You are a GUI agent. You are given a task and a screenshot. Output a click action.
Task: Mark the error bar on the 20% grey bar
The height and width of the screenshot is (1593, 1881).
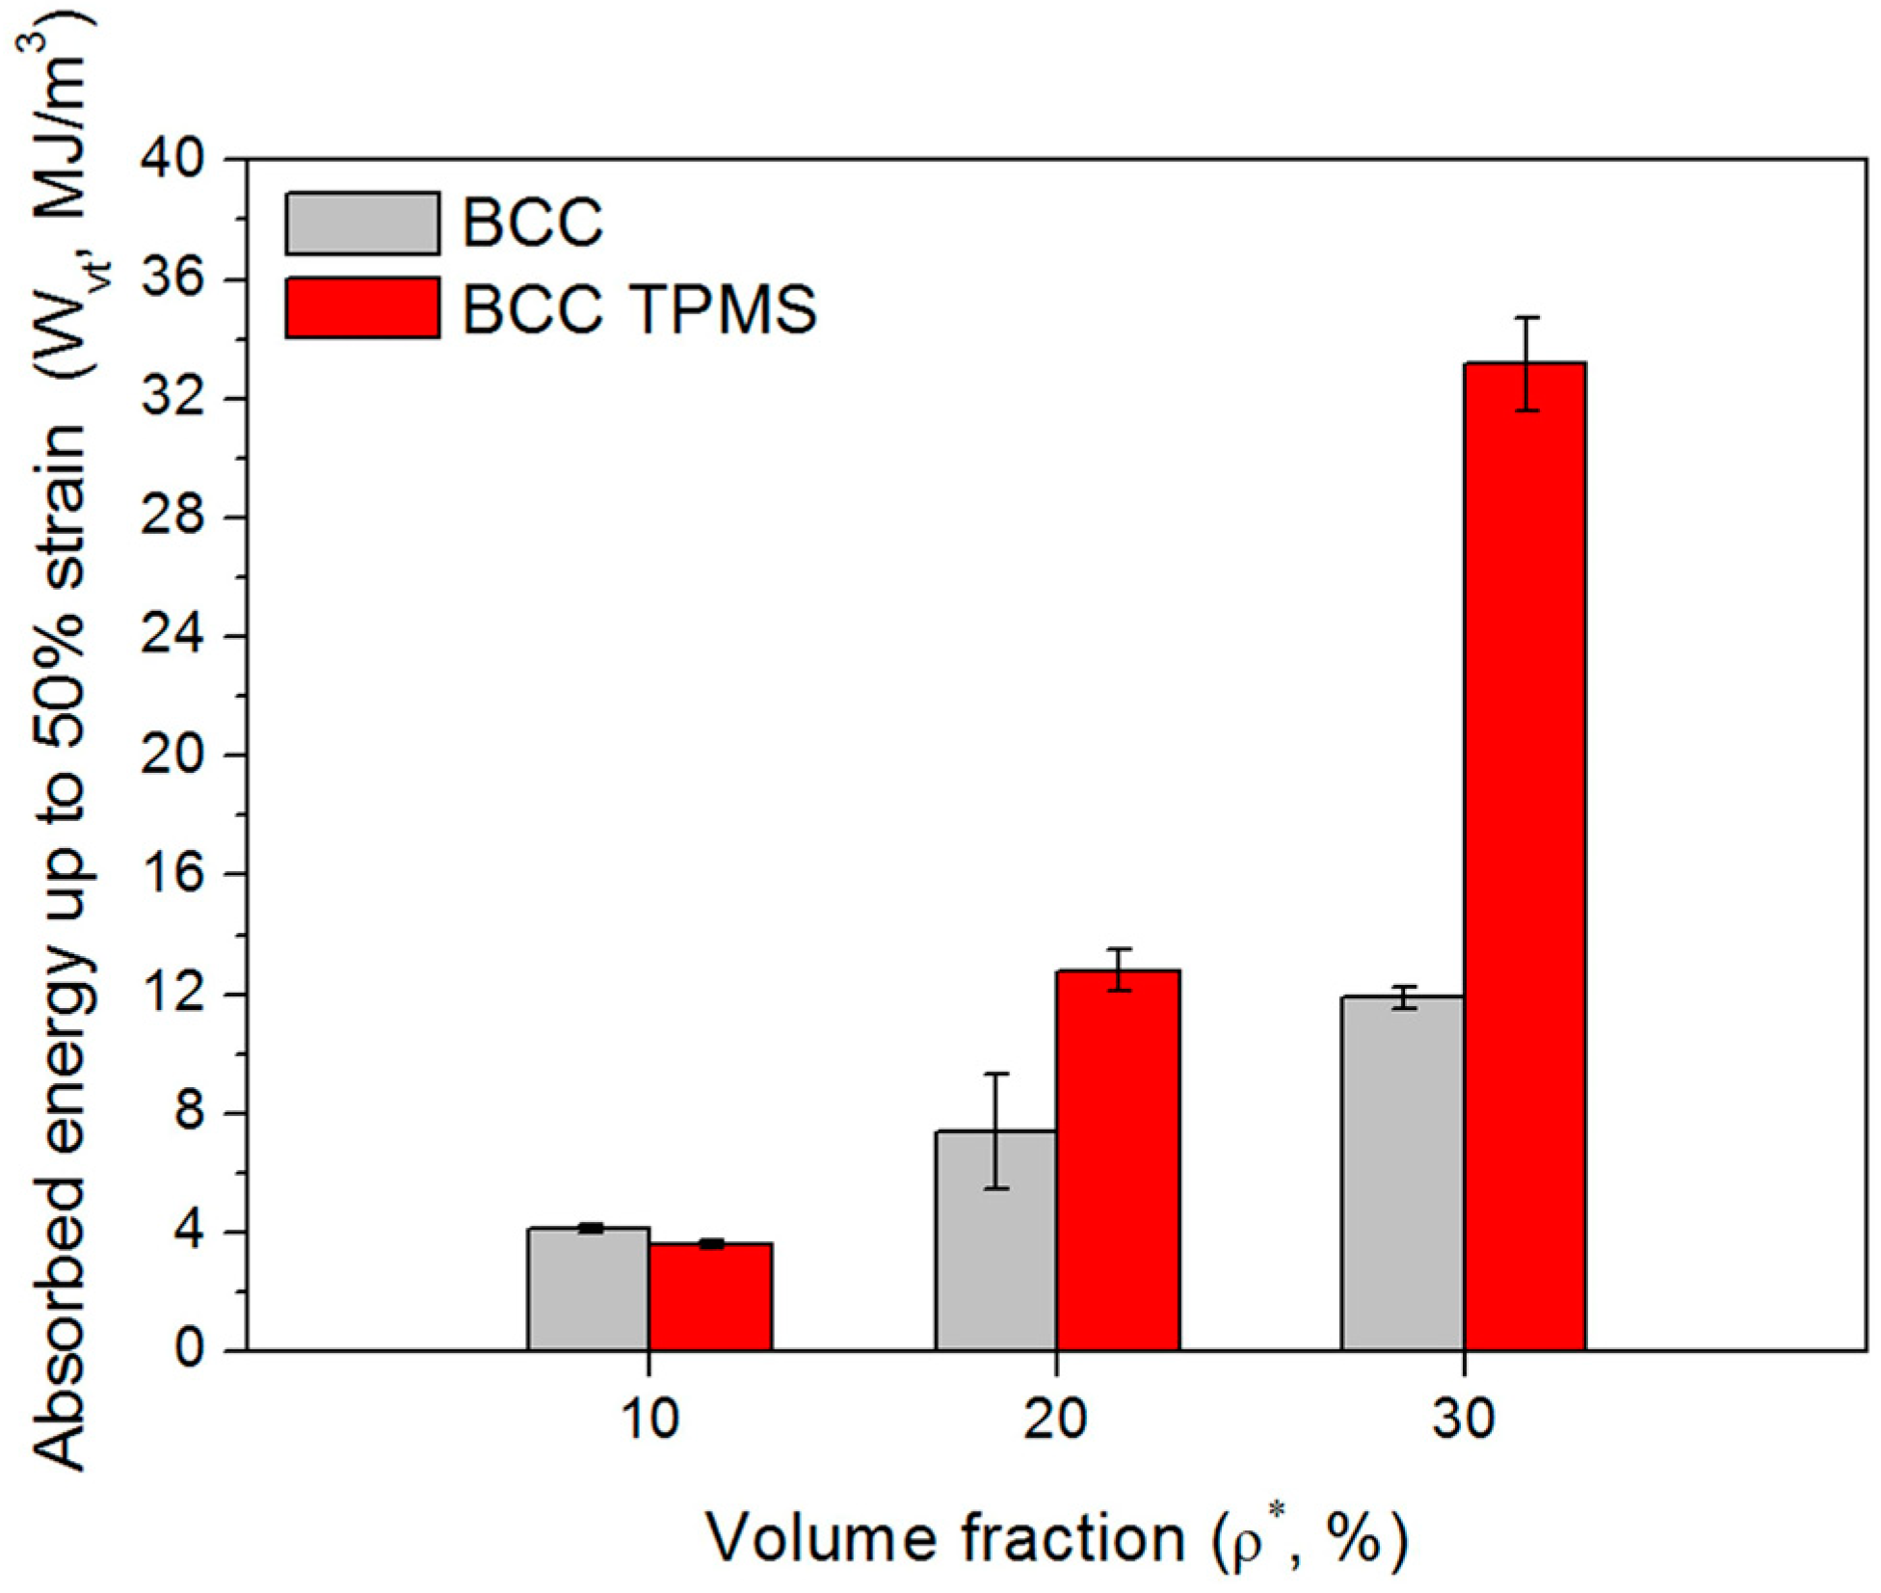[x=996, y=1130]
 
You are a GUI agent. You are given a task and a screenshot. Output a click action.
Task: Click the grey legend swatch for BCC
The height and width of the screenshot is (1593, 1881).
[x=362, y=224]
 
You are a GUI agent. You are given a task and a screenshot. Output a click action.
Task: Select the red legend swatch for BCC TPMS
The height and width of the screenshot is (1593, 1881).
[x=362, y=307]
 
